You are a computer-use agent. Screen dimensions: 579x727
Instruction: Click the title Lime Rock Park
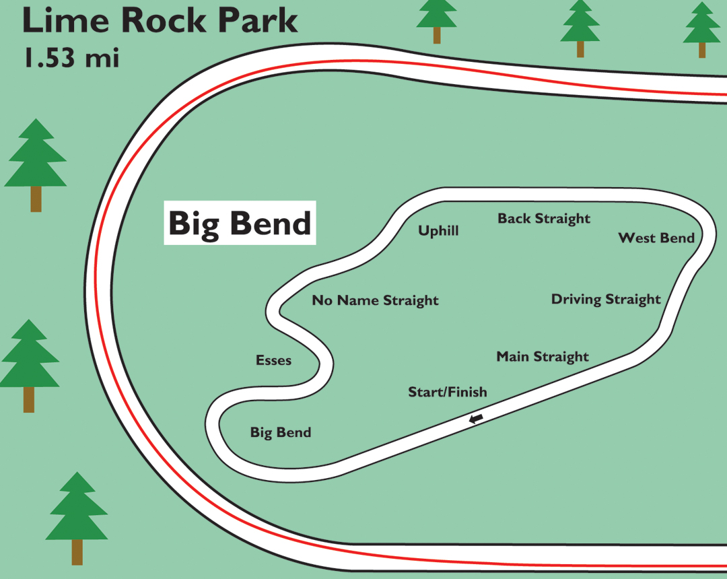pos(160,21)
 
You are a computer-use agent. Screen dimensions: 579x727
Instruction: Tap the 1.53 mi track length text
pos(71,57)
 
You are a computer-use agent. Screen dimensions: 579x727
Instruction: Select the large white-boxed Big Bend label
pos(240,223)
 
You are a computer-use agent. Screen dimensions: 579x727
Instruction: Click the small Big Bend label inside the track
pos(281,432)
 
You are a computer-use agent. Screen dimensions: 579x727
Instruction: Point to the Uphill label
pos(438,231)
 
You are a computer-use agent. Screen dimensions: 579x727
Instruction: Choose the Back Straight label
pos(544,219)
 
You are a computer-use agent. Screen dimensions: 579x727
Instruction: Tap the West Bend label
pos(656,238)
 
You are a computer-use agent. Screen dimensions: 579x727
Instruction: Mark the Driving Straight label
pos(606,300)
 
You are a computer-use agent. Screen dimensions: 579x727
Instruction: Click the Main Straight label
pos(543,357)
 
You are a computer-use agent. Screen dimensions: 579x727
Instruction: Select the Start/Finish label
pos(448,392)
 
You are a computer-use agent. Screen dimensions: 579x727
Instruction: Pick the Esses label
pos(273,360)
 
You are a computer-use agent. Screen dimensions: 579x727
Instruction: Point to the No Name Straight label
pos(375,300)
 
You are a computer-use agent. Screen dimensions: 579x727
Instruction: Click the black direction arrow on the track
pos(476,419)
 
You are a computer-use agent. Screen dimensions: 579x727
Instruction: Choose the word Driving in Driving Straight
pos(577,300)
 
